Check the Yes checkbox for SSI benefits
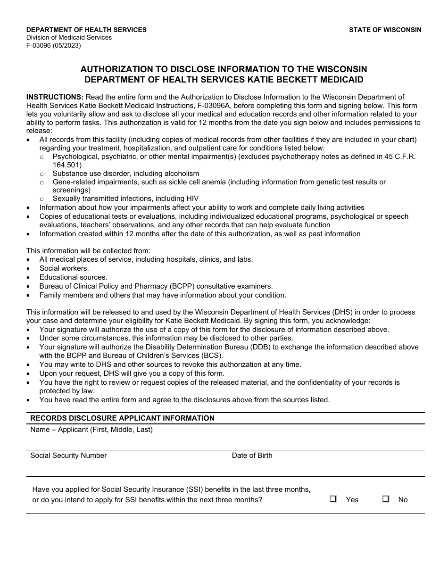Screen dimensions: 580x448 coord(333,499)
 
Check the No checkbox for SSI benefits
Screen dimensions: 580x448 coord(386,499)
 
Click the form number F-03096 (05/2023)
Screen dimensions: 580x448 coord(53,46)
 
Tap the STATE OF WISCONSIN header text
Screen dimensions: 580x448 coord(385,30)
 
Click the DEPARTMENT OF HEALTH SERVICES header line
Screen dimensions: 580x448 coord(86,30)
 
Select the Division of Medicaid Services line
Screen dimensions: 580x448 coord(69,38)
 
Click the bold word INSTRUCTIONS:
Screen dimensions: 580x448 coord(55,97)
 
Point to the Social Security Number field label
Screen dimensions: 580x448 coord(68,456)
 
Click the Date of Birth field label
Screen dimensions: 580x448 coord(252,456)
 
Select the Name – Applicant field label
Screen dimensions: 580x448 coord(91,430)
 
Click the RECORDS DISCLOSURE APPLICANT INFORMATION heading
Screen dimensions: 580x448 coord(122,418)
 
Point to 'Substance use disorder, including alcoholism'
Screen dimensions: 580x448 coord(125,174)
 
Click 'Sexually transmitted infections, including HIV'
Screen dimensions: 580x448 coord(125,199)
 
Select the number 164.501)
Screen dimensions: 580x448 coord(67,165)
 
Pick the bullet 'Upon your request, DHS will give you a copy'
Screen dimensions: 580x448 coord(132,373)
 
